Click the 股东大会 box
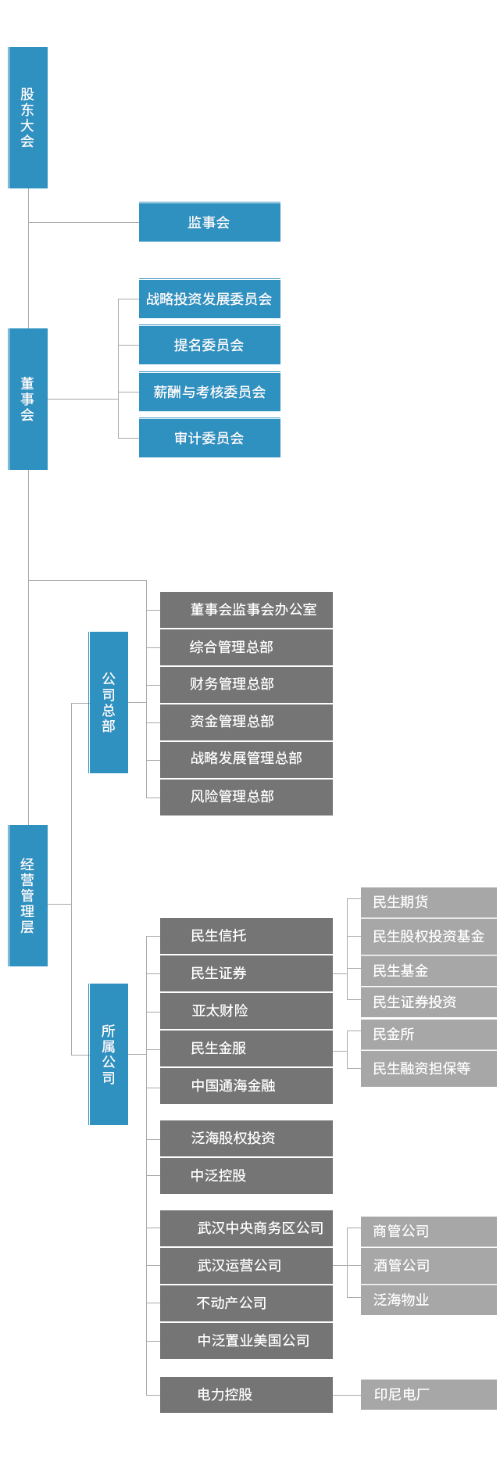click(28, 117)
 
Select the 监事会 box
click(209, 222)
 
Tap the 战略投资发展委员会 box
click(209, 299)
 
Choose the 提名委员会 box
click(209, 345)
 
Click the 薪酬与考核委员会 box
click(209, 392)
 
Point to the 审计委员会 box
click(209, 438)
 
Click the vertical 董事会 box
click(28, 399)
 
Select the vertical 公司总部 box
click(109, 702)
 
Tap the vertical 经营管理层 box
click(28, 895)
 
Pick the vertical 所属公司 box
click(109, 1054)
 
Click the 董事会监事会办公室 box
click(246, 610)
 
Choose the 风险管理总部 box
click(246, 797)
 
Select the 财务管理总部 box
click(246, 684)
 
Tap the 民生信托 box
click(246, 936)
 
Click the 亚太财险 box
click(246, 1010)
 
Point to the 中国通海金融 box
click(246, 1085)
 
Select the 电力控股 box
click(246, 1394)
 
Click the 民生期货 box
click(428, 902)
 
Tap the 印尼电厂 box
click(428, 1394)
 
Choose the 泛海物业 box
click(428, 1299)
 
